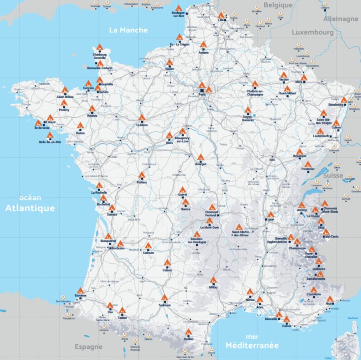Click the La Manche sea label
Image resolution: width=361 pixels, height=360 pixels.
[128, 30]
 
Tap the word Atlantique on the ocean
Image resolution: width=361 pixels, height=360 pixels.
[30, 208]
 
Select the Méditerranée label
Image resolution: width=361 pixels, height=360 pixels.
[252, 345]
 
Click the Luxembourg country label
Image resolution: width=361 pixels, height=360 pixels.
[312, 33]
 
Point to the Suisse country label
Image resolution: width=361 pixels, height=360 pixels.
[333, 176]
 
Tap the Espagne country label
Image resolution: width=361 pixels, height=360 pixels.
[88, 347]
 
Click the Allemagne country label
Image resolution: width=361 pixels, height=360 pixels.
[341, 19]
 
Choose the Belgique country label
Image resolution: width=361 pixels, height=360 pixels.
[278, 5]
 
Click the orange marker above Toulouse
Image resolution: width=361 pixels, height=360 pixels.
[164, 298]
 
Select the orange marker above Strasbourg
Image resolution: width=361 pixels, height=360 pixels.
[344, 100]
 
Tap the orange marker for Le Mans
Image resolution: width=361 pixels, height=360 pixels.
[141, 118]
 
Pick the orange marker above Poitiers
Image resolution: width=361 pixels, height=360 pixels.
[142, 175]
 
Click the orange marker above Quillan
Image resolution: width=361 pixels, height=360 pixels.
[188, 332]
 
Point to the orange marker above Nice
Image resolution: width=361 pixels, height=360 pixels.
[330, 299]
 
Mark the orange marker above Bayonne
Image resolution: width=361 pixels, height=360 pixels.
[81, 291]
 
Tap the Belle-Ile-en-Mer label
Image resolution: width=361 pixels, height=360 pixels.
[50, 142]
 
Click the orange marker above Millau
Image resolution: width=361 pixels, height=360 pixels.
[213, 280]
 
